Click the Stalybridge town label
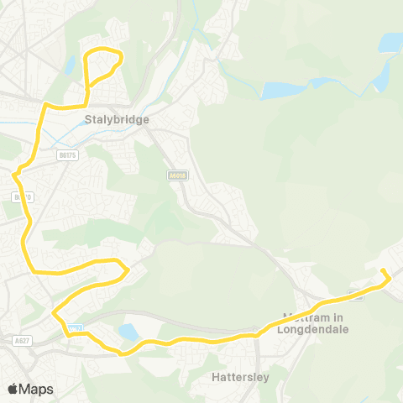pyautogui.click(x=117, y=120)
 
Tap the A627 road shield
pyautogui.click(x=23, y=341)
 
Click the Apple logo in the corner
pyautogui.click(x=13, y=389)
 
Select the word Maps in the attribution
pyautogui.click(x=36, y=389)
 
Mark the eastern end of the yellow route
pyautogui.click(x=383, y=271)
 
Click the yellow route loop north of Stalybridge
pyautogui.click(x=105, y=65)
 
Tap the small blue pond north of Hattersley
pyautogui.click(x=129, y=332)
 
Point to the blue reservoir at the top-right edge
pyautogui.click(x=390, y=41)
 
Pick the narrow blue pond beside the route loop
pyautogui.click(x=71, y=65)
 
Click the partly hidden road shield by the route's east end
pyautogui.click(x=356, y=295)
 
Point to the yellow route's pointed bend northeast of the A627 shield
pyautogui.click(x=55, y=313)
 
